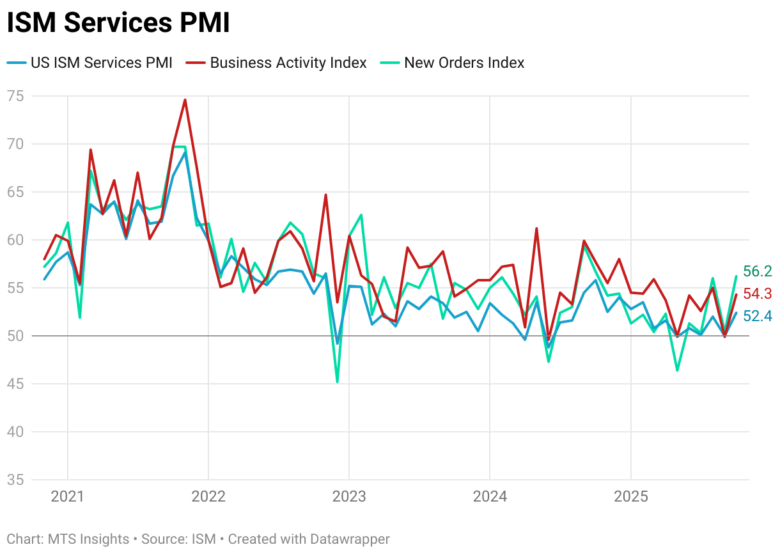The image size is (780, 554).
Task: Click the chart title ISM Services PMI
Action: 118,24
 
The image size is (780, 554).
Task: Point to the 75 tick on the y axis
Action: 15,96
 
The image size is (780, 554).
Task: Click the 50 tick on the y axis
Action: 15,336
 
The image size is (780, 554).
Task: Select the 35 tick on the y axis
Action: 15,480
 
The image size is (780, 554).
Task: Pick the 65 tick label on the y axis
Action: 15,192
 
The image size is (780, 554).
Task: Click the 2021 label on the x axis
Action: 68,496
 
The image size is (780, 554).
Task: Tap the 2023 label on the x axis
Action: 349,496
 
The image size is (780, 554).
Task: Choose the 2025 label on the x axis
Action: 631,496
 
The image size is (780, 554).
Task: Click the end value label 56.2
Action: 757,271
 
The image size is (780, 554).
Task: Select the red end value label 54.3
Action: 757,294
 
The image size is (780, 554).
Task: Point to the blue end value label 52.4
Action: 757,315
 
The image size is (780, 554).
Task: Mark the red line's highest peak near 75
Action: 185,100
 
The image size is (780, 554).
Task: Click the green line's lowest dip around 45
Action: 337,382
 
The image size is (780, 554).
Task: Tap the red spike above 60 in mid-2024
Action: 536,228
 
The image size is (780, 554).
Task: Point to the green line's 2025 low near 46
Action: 677,370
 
